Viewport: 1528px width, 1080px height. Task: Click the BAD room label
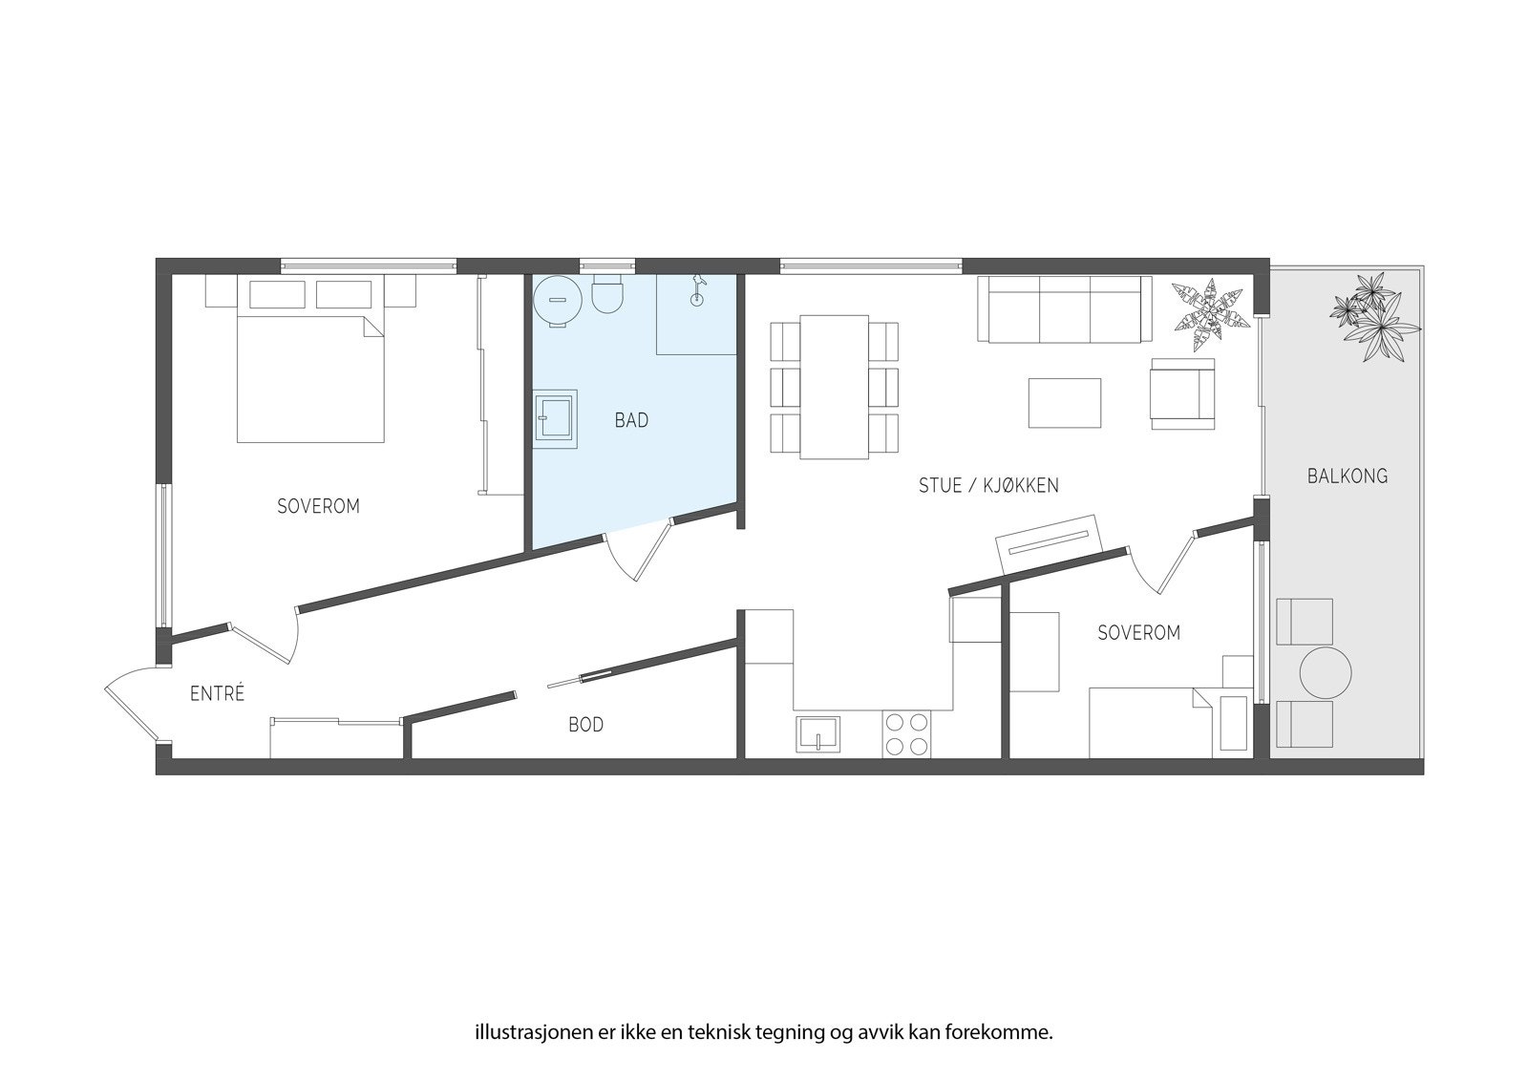click(x=631, y=420)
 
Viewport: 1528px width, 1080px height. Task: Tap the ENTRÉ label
click(x=217, y=694)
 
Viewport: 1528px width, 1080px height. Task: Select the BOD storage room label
click(x=585, y=725)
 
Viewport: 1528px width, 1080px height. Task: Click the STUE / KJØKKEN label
click(x=988, y=485)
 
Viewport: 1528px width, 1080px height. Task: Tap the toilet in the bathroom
click(x=607, y=295)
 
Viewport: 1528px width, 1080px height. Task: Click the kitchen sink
click(x=818, y=735)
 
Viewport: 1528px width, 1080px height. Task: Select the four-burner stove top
click(x=906, y=734)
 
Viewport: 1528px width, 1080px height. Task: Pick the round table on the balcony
click(x=1326, y=674)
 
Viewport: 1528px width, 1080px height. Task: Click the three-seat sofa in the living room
click(x=1065, y=309)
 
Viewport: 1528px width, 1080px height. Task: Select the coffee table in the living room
click(x=1064, y=403)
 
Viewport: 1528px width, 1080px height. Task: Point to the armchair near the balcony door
click(x=1182, y=393)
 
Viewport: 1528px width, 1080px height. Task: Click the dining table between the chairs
click(x=834, y=386)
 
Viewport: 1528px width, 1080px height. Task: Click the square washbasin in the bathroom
click(x=554, y=419)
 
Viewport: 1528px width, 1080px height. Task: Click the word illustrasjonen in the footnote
click(x=522, y=1033)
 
